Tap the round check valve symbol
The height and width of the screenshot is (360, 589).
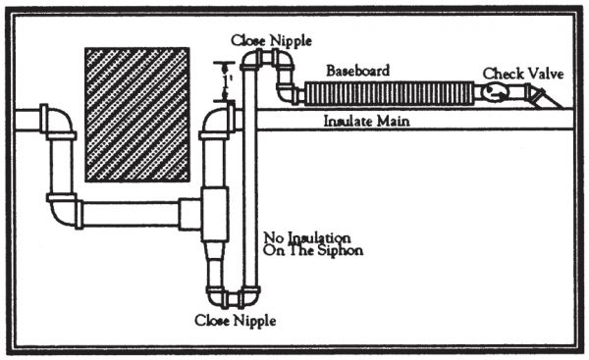click(x=495, y=93)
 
